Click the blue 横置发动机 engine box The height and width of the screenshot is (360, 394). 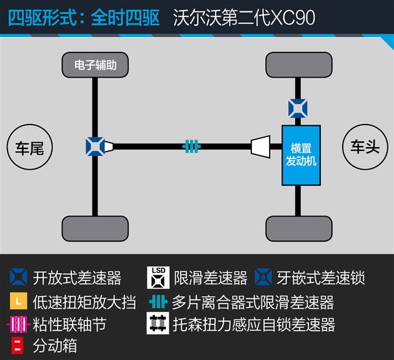tap(301, 155)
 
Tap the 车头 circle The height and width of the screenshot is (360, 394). tap(365, 147)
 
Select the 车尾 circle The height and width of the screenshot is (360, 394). tap(29, 147)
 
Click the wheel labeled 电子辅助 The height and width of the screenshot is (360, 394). tap(95, 65)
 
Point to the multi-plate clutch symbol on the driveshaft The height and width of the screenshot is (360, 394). tap(191, 147)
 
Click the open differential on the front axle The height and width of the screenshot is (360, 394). tap(298, 108)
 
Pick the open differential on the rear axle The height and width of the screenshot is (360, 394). tap(95, 147)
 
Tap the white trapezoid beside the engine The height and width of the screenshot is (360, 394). tap(261, 147)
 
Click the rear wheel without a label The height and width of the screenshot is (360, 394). tap(95, 229)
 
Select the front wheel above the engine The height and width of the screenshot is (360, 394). tap(299, 65)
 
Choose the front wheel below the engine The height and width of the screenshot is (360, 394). tap(299, 229)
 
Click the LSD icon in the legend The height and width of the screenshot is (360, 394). tap(158, 277)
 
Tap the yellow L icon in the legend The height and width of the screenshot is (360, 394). tap(19, 301)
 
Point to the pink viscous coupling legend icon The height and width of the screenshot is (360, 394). tap(19, 324)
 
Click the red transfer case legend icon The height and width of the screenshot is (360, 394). tap(18, 346)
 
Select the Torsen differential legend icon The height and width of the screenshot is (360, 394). tap(158, 323)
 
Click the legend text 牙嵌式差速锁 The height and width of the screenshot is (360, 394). tap(321, 278)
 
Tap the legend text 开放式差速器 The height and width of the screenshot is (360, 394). tap(77, 278)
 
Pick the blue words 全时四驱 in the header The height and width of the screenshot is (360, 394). tap(125, 18)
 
